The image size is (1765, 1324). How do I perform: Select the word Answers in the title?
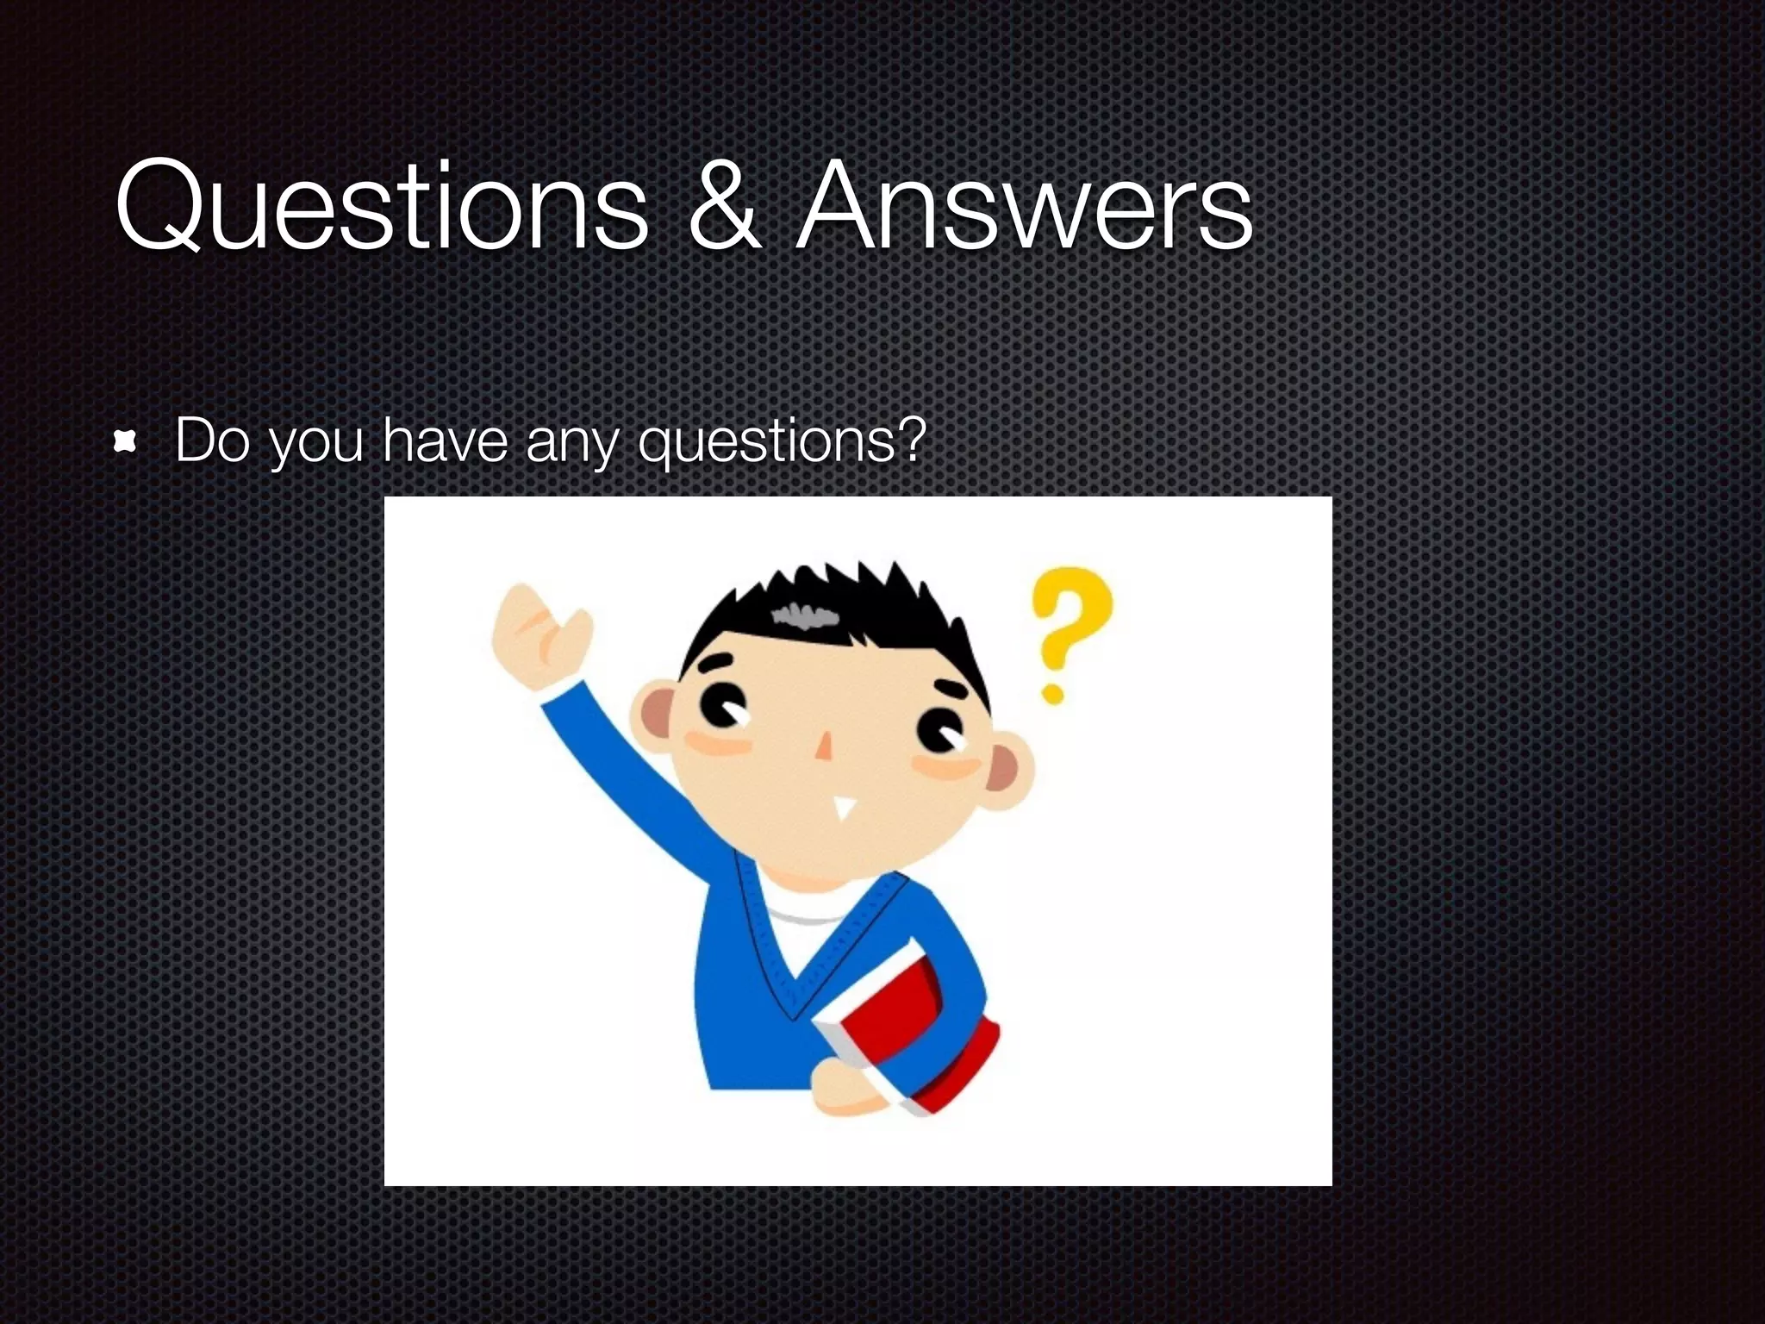pos(1024,207)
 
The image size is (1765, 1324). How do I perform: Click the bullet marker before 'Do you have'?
pos(126,443)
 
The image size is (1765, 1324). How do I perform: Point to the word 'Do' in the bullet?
pos(212,440)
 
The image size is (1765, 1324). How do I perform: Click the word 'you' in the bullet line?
pos(315,443)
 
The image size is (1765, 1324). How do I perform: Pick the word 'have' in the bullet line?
pos(445,440)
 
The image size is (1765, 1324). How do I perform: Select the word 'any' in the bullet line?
pos(572,443)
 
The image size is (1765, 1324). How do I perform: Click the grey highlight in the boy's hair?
pos(805,615)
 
